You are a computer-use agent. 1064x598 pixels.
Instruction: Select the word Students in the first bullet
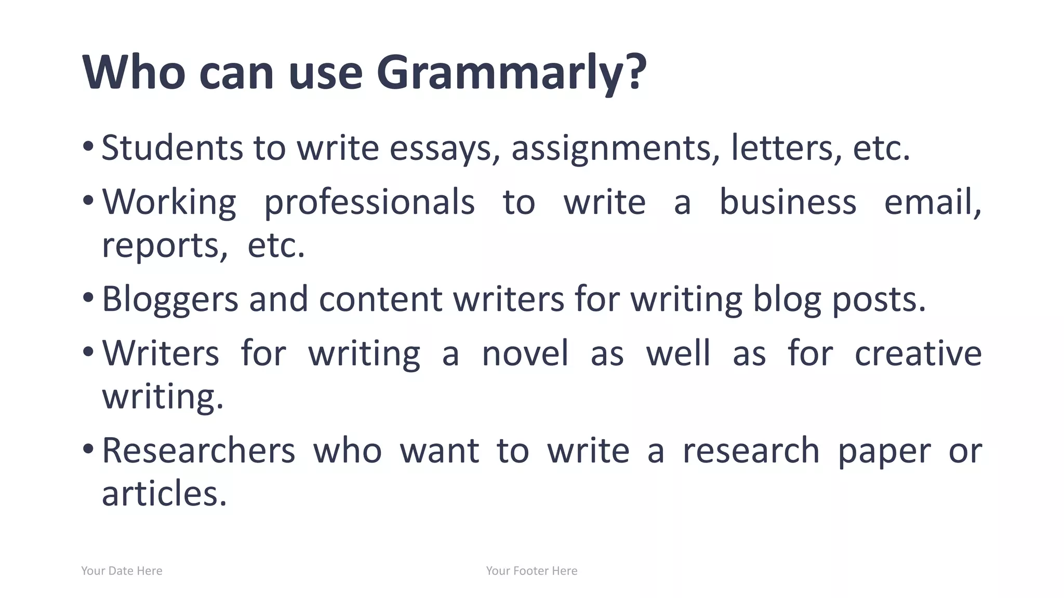point(172,147)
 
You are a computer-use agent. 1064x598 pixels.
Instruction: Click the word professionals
point(369,202)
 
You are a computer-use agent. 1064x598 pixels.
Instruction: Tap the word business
point(788,202)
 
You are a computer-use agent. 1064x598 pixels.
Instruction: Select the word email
point(932,202)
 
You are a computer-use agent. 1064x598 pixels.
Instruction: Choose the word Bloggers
point(170,300)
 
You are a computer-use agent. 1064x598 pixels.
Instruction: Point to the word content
point(380,300)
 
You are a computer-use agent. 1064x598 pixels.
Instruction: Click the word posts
point(879,300)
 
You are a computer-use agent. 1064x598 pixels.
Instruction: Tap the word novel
point(525,354)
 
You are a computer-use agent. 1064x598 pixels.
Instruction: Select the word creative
point(918,354)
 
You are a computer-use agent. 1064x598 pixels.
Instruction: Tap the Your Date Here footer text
point(122,571)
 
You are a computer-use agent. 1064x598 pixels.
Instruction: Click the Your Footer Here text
point(531,571)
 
